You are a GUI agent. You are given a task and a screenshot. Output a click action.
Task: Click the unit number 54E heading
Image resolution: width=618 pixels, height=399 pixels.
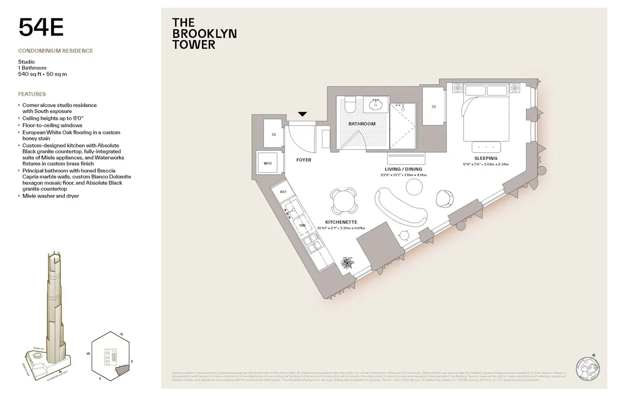41,27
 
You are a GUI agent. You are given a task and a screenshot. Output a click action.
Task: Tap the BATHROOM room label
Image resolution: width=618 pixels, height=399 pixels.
362,124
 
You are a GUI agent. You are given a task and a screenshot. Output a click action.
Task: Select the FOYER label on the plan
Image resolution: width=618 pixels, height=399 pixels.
303,160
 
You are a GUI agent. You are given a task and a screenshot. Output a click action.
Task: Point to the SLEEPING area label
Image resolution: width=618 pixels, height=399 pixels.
486,158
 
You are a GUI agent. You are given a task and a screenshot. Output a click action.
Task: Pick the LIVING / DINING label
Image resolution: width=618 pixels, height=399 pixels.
403,169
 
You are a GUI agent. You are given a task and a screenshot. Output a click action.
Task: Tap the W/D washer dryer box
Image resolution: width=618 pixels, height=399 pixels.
268,163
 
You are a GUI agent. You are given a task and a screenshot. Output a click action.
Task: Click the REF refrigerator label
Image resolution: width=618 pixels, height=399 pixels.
283,192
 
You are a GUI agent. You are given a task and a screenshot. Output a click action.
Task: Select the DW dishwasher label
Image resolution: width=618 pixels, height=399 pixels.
302,225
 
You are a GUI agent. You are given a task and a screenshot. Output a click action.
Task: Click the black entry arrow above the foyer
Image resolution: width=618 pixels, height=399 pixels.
302,114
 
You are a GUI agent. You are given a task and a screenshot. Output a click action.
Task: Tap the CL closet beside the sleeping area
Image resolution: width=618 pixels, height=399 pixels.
434,106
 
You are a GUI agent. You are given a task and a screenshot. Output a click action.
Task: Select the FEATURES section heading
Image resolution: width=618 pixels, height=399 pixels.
32,95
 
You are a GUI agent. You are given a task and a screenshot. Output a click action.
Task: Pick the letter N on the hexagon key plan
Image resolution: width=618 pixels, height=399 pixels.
121,335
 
